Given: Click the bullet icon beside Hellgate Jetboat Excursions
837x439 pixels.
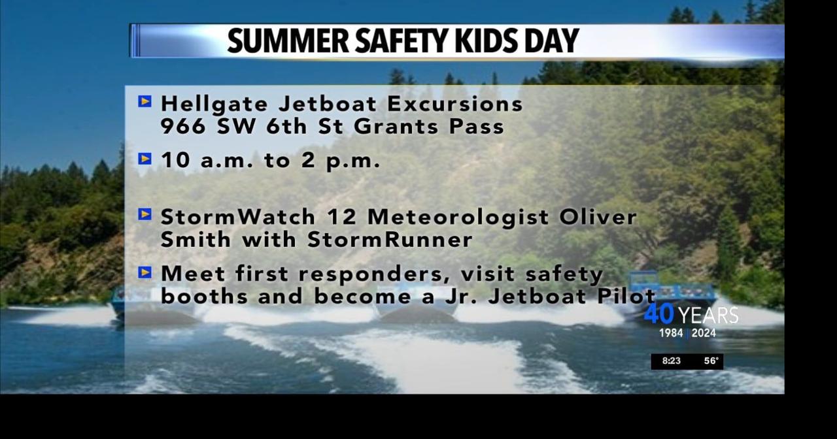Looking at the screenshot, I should pyautogui.click(x=145, y=101).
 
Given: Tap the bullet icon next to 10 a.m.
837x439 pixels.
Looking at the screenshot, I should pyautogui.click(x=145, y=159).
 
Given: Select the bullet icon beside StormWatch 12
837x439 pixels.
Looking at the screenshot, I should pyautogui.click(x=145, y=214).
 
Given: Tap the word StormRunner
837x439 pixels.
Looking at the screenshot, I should pyautogui.click(x=390, y=240).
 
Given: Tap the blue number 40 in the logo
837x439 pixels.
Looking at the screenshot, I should pyautogui.click(x=658, y=315).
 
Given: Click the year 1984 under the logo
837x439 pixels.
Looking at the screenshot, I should pyautogui.click(x=671, y=333).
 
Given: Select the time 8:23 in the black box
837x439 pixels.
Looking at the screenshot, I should pyautogui.click(x=672, y=361).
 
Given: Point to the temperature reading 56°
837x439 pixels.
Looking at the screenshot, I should pyautogui.click(x=711, y=361).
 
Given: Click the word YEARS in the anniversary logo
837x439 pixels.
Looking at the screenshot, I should pyautogui.click(x=708, y=316).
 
